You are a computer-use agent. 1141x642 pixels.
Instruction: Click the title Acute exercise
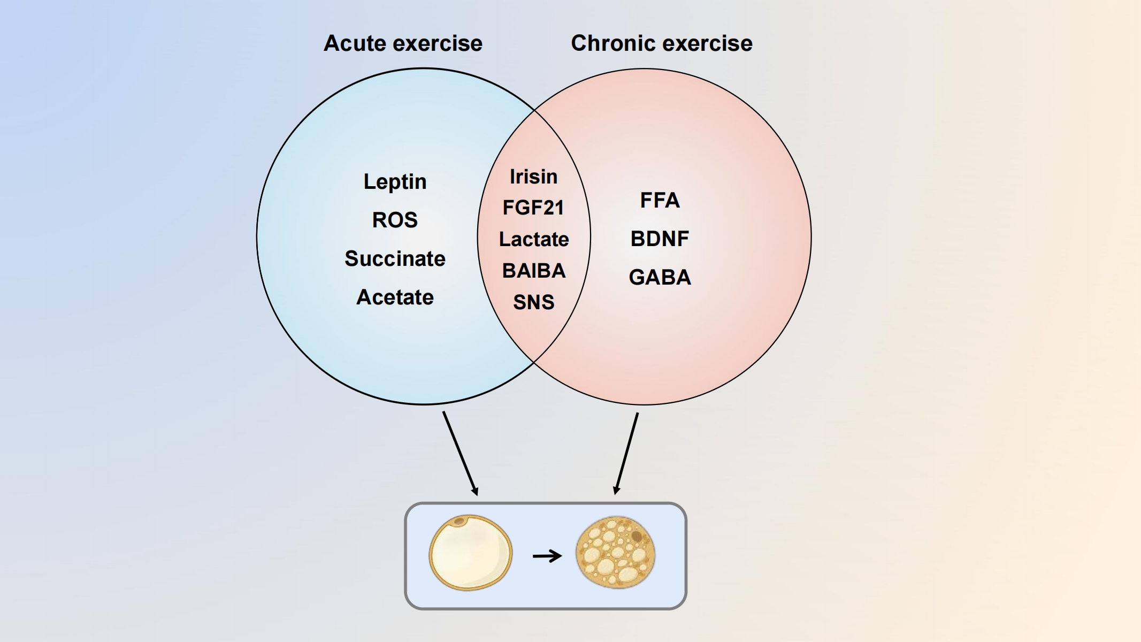[x=403, y=43]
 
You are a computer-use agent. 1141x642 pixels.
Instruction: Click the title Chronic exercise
[x=661, y=43]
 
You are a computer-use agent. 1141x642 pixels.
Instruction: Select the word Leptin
[x=395, y=182]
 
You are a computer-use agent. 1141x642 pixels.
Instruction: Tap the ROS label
[x=395, y=220]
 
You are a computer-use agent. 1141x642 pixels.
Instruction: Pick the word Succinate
[x=395, y=258]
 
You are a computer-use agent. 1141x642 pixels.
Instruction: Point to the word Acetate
[x=395, y=297]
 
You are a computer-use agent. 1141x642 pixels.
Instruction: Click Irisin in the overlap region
[x=533, y=177]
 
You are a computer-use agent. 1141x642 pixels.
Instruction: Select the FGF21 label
[x=533, y=208]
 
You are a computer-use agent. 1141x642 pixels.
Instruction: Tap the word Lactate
[x=533, y=239]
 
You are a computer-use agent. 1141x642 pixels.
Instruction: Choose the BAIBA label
[x=533, y=271]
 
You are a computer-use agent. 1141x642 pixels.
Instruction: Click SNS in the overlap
[x=533, y=302]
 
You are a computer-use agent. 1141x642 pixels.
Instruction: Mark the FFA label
[x=660, y=201]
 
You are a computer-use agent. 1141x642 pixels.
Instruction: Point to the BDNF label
[x=660, y=239]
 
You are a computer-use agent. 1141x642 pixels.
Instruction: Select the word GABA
[x=660, y=277]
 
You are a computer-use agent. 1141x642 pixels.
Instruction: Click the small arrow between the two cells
[x=547, y=556]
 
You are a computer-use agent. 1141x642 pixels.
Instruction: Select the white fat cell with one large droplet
[x=470, y=553]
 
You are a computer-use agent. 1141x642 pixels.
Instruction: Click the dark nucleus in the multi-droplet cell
[x=637, y=536]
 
